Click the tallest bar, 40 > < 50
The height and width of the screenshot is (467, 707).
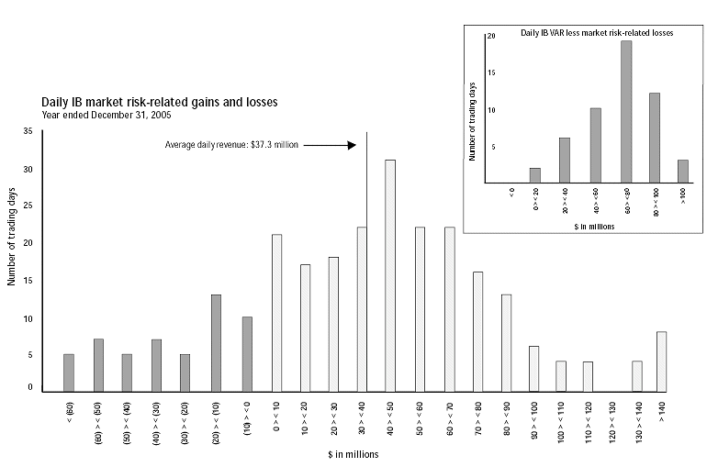390,275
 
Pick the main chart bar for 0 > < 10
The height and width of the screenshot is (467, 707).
276,312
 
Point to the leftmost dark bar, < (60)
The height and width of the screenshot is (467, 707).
69,372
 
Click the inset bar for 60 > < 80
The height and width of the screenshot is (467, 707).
626,112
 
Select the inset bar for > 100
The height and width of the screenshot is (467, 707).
682,172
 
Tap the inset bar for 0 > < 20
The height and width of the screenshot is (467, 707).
535,175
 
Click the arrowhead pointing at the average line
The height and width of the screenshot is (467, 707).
352,145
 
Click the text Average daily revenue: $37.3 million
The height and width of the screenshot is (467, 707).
231,145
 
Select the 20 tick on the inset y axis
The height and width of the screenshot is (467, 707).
491,36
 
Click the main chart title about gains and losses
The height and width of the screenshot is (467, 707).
160,102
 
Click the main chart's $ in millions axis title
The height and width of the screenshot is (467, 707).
353,454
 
